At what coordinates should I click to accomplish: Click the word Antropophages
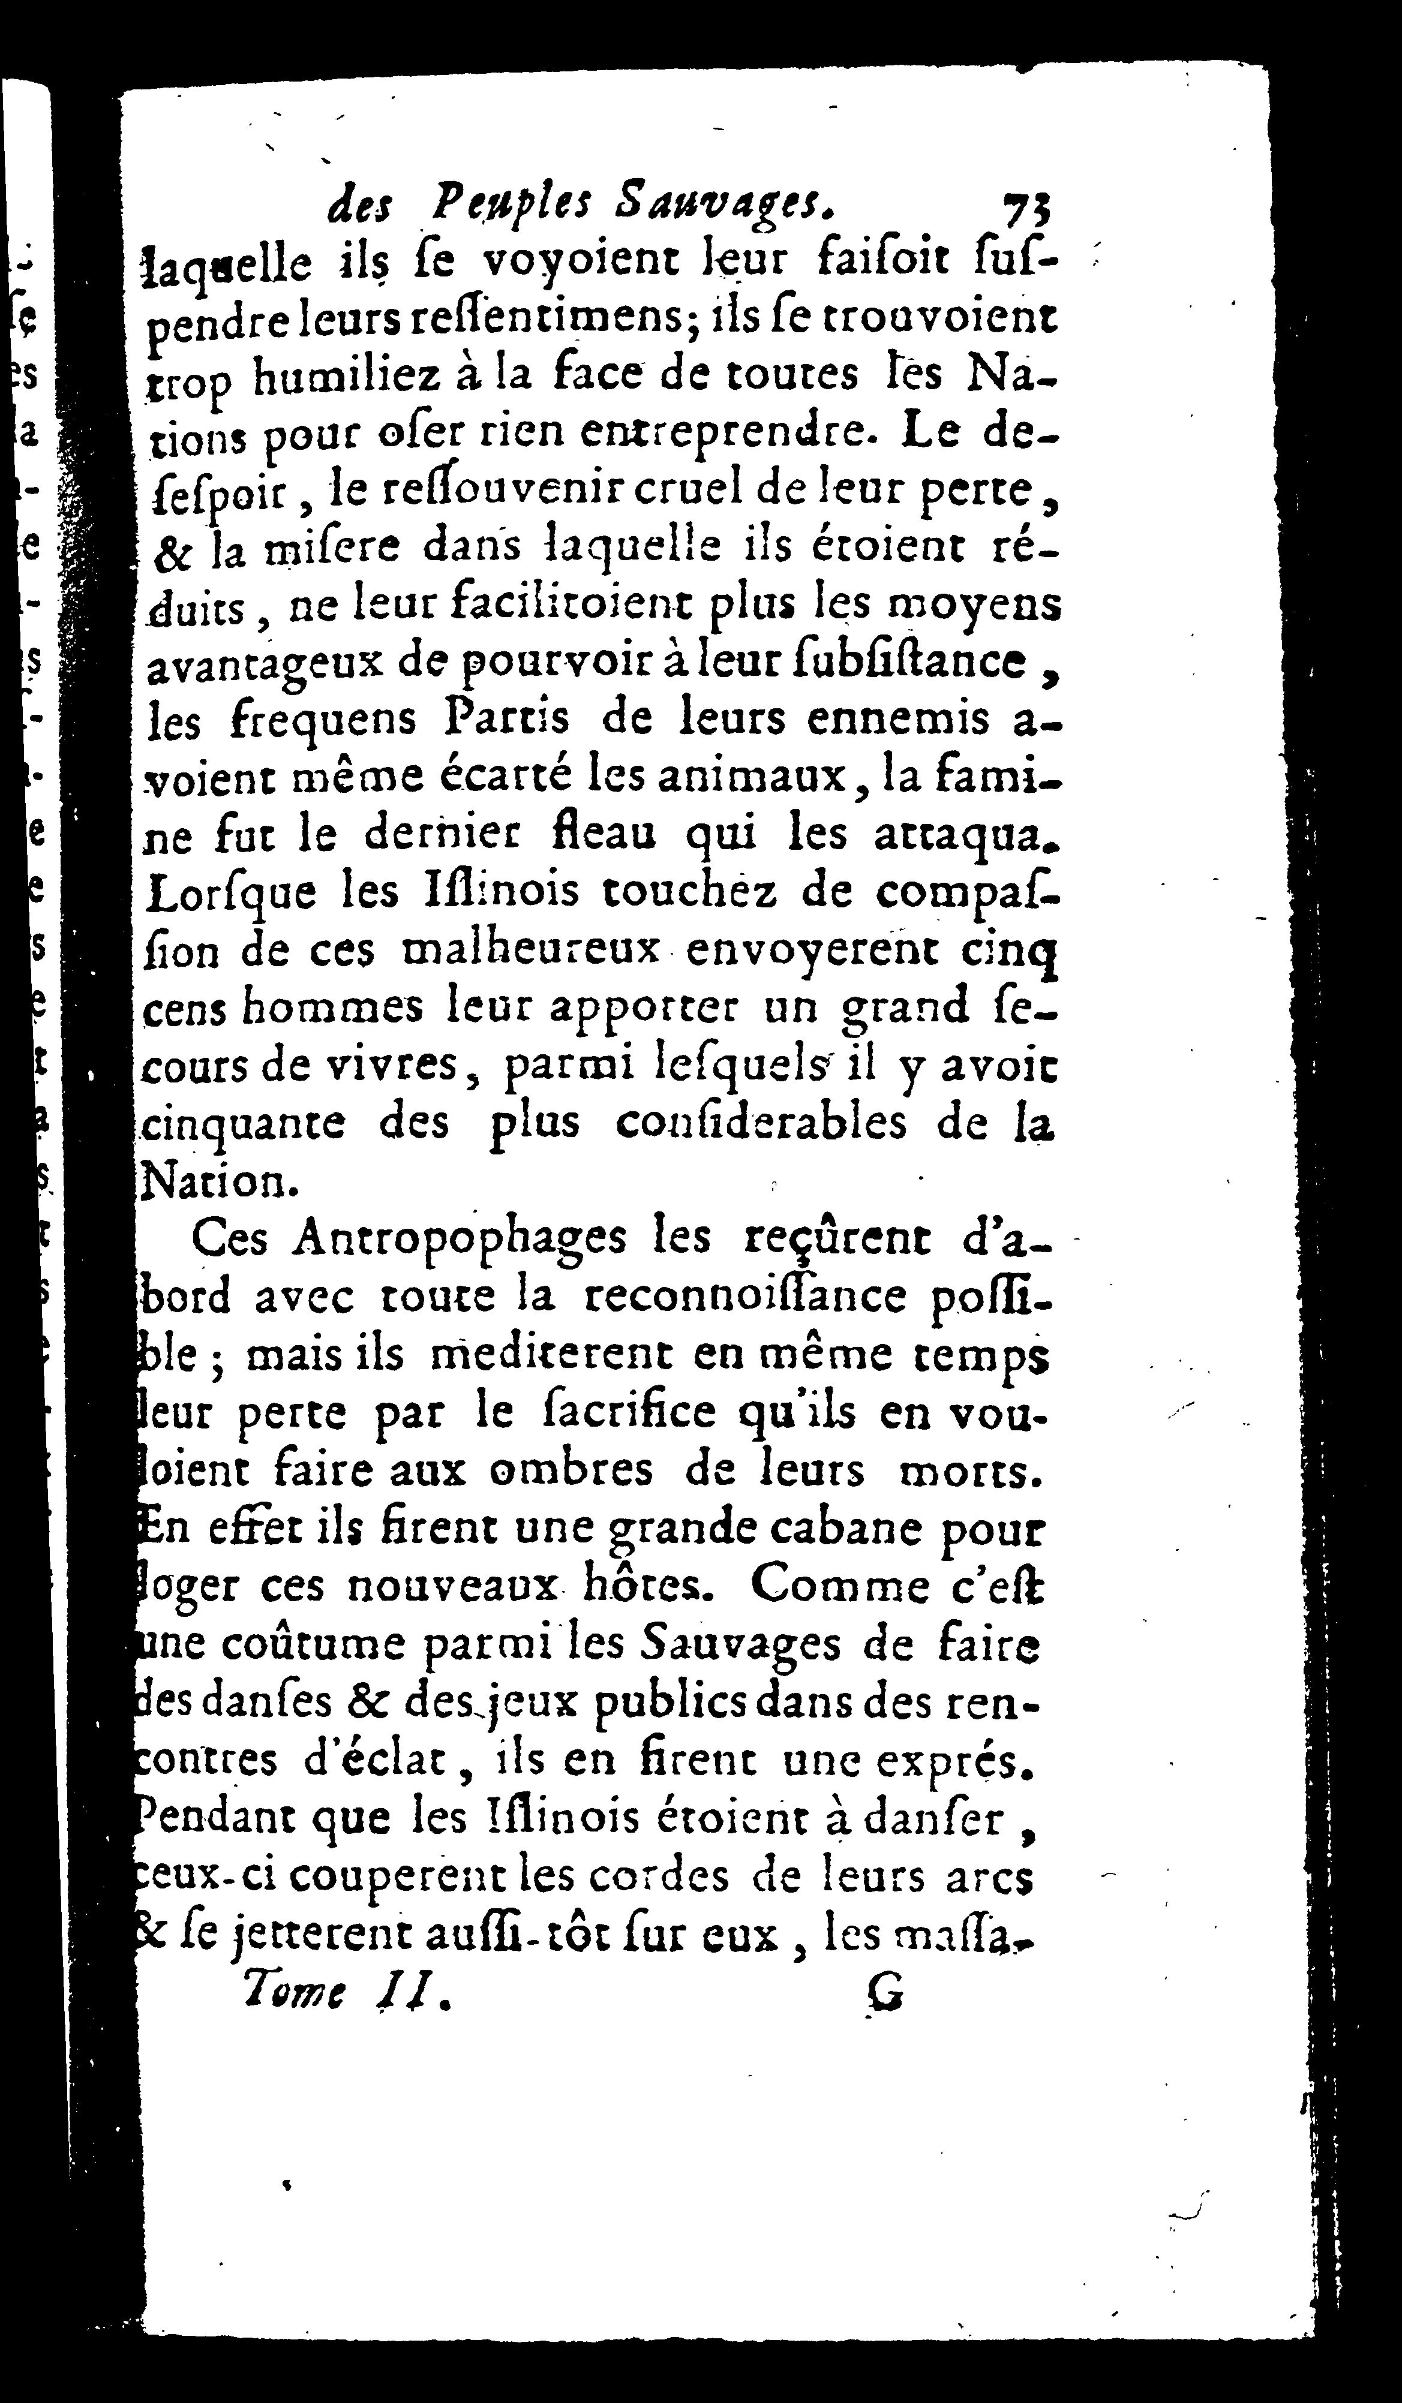[x=461, y=1240]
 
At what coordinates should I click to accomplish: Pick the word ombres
[x=571, y=1471]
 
